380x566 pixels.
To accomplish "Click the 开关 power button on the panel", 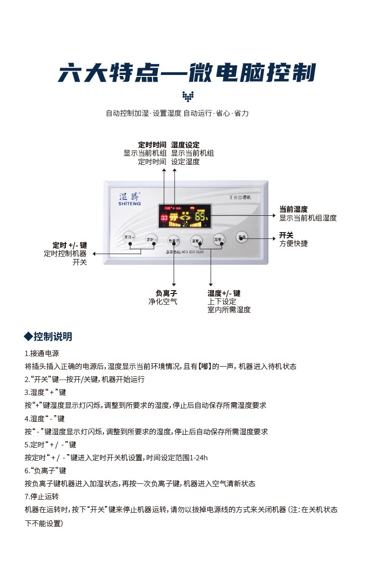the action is pos(241,237).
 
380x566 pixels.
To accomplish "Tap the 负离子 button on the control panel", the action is pos(173,240).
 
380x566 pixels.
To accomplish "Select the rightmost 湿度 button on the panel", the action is pos(219,238).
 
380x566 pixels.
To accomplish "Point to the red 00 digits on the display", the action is pos(164,218).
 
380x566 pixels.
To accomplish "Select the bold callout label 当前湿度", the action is pos(293,209).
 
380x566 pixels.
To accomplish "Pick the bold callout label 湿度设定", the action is pos(185,145).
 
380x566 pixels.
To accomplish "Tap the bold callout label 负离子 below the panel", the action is pos(166,293).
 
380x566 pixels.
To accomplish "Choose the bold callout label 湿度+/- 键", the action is pos(224,293).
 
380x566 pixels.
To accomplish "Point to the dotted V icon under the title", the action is pos(188,97).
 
